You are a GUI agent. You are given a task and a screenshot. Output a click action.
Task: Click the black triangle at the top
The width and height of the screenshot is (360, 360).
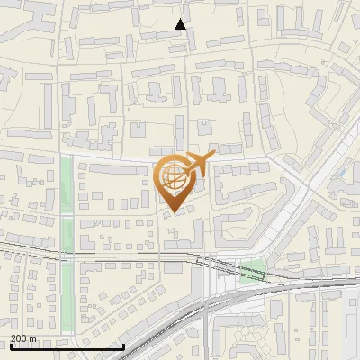coord(181,24)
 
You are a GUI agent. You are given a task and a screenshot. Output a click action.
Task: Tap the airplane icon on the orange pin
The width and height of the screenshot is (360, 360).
coord(199,163)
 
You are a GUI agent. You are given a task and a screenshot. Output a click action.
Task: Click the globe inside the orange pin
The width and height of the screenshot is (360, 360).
coord(174,176)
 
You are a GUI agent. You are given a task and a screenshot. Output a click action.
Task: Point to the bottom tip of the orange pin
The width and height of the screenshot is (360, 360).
coord(172,212)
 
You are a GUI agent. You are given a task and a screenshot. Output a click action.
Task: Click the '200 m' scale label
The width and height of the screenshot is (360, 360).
coord(23,338)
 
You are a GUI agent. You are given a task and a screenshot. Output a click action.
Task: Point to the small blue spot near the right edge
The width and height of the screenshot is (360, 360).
coord(342,172)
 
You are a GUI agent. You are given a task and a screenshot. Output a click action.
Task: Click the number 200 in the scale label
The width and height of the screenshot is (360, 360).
coord(18,338)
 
